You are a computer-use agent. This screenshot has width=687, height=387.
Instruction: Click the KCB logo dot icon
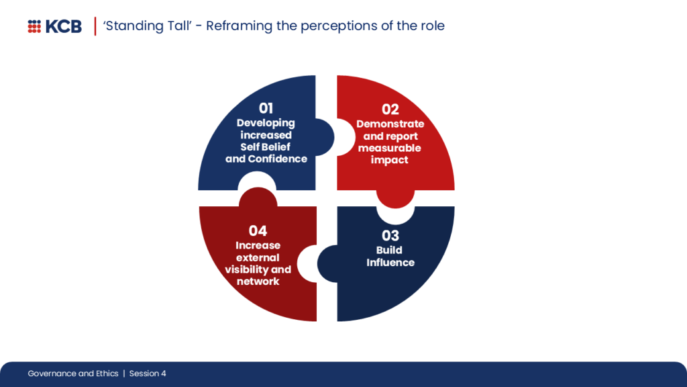pos(34,26)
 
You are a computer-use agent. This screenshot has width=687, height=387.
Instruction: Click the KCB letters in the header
pos(64,26)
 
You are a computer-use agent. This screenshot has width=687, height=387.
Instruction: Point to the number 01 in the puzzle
pos(266,108)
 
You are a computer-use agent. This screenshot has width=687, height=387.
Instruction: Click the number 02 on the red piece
pos(390,109)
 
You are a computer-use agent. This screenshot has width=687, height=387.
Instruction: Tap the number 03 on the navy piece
pos(390,235)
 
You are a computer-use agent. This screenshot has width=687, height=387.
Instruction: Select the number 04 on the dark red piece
pos(258,231)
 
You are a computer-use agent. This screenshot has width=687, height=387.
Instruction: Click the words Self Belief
pos(266,147)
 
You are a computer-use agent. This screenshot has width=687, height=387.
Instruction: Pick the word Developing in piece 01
pos(266,123)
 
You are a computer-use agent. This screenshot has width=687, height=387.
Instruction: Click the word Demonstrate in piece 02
pos(390,124)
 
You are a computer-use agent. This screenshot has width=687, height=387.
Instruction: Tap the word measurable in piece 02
pos(390,148)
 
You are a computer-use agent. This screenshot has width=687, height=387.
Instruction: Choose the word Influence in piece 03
pos(390,263)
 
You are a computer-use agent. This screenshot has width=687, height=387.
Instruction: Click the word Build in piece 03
pos(390,251)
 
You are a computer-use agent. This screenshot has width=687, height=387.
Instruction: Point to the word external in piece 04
pos(258,257)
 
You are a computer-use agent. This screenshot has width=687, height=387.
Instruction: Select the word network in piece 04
pos(258,282)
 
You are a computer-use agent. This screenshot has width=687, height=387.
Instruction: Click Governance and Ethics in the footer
pos(73,374)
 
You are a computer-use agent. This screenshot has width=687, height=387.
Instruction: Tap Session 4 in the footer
pos(148,374)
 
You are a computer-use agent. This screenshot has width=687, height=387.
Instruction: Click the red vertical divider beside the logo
pos(95,26)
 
